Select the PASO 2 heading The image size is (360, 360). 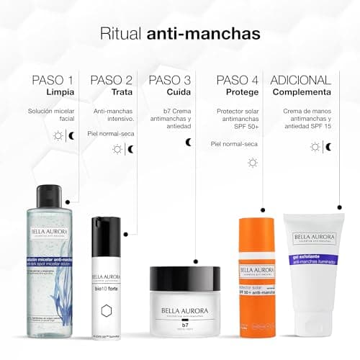pyautogui.click(x=111, y=80)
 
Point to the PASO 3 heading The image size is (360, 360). pyautogui.click(x=170, y=80)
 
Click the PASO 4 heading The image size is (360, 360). pyautogui.click(x=238, y=80)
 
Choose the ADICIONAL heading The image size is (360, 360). pyautogui.click(x=301, y=80)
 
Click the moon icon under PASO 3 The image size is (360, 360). pyautogui.click(x=189, y=143)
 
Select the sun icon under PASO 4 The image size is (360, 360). pyautogui.click(x=252, y=163)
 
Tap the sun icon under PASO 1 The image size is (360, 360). pyautogui.click(x=58, y=135)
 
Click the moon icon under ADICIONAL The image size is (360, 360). pyautogui.click(x=328, y=147)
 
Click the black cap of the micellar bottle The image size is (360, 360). pyautogui.click(x=51, y=192)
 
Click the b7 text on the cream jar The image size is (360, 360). pyautogui.click(x=185, y=325)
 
